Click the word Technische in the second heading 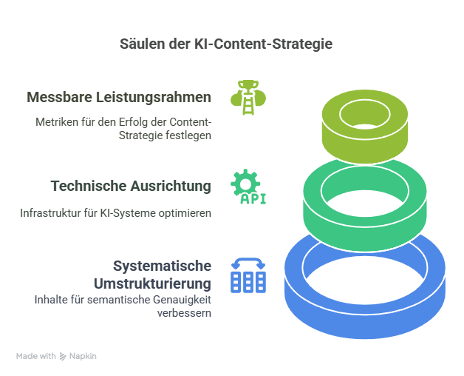click(85, 186)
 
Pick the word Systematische click(163, 266)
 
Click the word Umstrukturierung click(153, 283)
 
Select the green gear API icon click(248, 187)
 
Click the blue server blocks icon click(248, 275)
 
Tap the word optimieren click(188, 212)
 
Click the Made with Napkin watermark click(56, 356)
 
